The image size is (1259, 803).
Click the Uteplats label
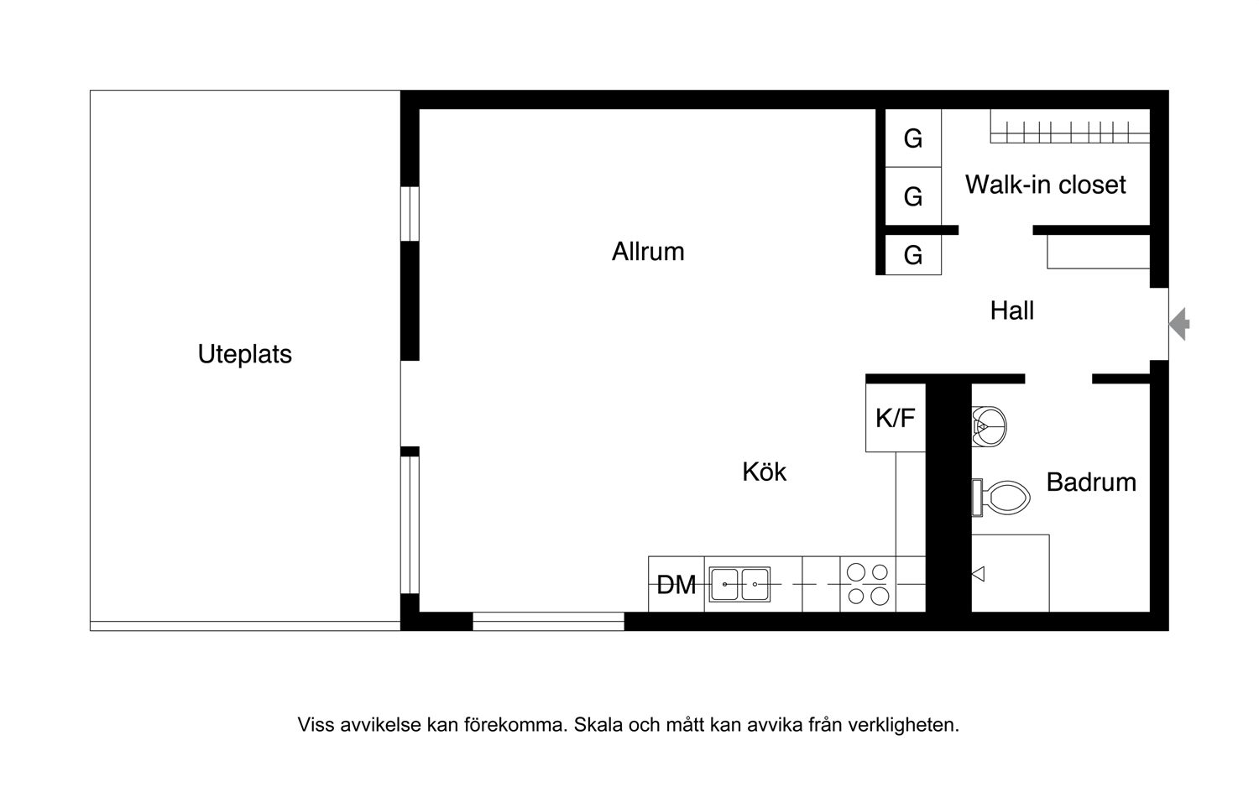(245, 355)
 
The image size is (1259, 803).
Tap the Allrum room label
(648, 252)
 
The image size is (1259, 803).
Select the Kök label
(765, 472)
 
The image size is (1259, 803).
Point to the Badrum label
(1091, 482)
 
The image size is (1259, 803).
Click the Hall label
(1011, 310)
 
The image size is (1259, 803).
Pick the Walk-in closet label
(1046, 185)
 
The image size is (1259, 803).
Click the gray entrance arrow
(1179, 324)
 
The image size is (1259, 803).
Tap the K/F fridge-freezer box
(896, 418)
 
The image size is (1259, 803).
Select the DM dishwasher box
(677, 584)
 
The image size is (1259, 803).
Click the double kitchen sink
(739, 584)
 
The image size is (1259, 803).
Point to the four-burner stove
(868, 584)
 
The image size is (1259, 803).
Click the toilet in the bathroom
(1001, 498)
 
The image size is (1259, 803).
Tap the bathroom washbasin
(990, 427)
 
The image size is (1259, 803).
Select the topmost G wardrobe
(913, 138)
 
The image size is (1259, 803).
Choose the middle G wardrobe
(913, 196)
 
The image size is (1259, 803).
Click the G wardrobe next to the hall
(913, 255)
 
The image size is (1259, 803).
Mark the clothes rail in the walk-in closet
(1070, 132)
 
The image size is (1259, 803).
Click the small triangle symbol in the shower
(978, 574)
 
